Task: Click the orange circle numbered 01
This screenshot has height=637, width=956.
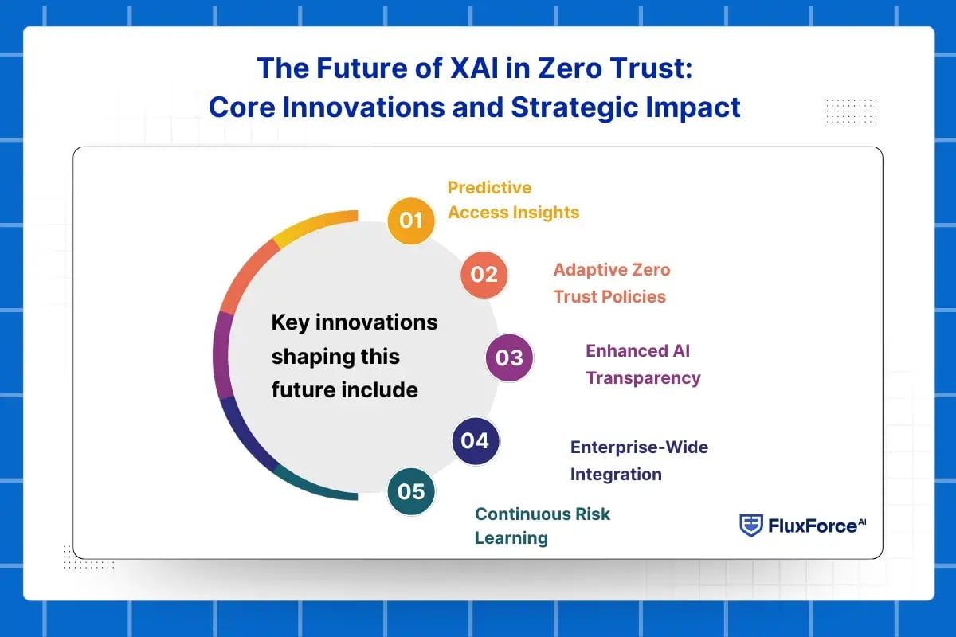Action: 410,221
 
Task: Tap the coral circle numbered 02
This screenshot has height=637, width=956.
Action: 484,275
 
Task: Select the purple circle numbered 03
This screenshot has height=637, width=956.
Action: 509,358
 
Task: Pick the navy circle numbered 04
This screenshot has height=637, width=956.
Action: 476,441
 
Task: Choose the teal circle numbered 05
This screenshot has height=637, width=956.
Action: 411,491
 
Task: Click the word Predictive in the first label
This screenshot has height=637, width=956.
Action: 489,188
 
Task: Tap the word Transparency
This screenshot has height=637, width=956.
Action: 643,378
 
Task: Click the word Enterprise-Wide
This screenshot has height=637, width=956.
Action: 639,447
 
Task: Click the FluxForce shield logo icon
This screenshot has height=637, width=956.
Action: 750,526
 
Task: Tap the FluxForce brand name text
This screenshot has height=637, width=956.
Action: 817,526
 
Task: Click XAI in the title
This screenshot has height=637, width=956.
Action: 475,68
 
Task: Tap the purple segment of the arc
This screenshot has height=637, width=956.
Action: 222,356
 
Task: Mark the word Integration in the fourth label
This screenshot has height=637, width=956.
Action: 616,475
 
